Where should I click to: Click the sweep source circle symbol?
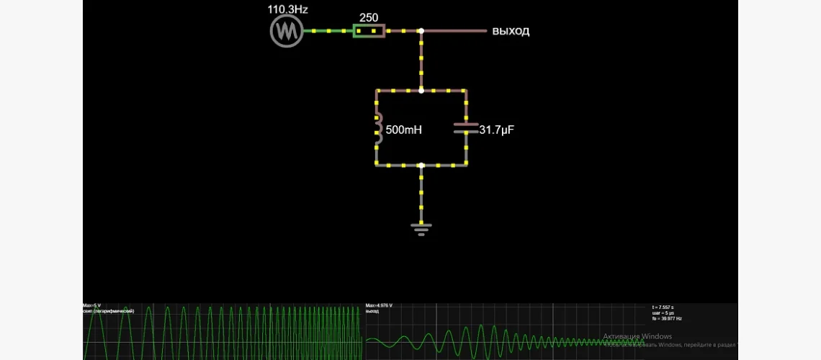click(286, 32)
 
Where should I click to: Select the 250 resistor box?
click(368, 31)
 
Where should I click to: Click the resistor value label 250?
click(369, 17)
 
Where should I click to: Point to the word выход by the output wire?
click(511, 31)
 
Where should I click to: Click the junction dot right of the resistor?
click(421, 31)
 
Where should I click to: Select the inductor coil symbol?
click(377, 128)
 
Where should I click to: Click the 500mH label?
click(405, 130)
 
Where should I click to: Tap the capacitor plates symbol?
click(466, 128)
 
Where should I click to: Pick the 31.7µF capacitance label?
click(497, 130)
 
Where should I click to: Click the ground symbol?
click(421, 229)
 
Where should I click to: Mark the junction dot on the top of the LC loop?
click(421, 91)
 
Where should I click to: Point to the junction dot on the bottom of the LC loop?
click(421, 165)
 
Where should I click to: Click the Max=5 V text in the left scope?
click(91, 305)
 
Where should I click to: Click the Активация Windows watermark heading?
click(637, 336)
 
